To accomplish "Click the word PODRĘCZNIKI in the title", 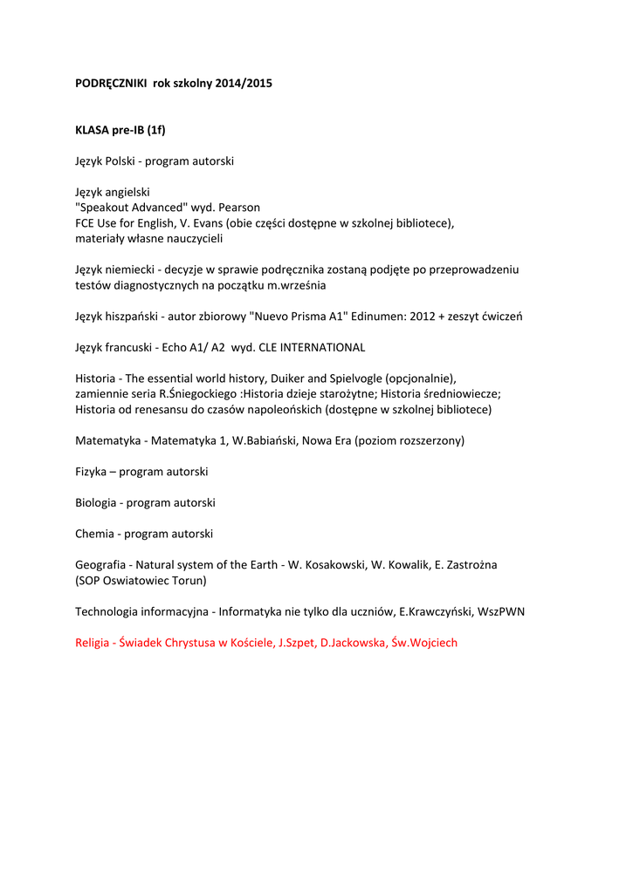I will point(112,84).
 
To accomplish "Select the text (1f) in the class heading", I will point(156,130).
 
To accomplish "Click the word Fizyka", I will point(93,472).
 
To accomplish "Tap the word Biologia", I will point(97,503).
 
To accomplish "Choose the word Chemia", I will point(95,534).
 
